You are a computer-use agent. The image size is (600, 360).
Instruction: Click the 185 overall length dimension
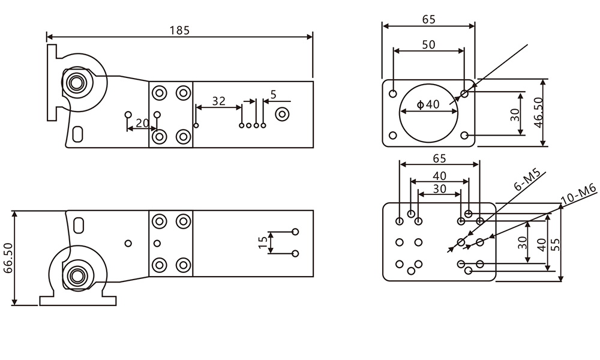[179, 29]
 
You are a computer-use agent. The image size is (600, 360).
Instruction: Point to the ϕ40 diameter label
[428, 104]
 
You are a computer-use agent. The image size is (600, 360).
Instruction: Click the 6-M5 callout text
[527, 181]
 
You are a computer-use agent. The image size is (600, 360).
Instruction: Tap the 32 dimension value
[218, 101]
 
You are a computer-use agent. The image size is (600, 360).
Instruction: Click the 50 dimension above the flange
[428, 45]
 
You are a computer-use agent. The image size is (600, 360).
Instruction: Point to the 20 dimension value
[142, 123]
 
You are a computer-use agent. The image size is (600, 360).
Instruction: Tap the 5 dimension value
[274, 94]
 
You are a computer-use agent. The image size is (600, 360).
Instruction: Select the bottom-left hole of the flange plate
[392, 135]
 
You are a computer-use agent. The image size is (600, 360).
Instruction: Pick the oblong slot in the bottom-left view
[79, 225]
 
